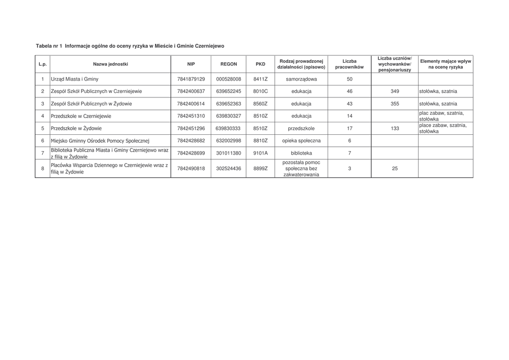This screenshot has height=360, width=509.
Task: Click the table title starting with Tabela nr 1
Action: [130, 46]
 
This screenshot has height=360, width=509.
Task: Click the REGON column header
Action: [229, 64]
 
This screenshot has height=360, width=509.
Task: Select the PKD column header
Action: [260, 64]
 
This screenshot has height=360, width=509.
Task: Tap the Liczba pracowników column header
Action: [349, 64]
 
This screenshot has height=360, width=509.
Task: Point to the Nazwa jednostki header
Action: [110, 64]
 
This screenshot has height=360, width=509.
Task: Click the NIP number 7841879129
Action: [191, 79]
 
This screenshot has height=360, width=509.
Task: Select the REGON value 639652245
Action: [229, 91]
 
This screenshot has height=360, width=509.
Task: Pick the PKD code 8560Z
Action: [260, 104]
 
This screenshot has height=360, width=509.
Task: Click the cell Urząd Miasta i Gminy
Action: [75, 79]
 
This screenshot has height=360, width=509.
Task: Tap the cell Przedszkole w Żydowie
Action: [76, 128]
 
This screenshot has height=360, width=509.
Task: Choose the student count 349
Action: [395, 91]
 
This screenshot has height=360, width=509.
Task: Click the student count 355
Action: [395, 104]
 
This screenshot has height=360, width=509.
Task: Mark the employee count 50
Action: [349, 79]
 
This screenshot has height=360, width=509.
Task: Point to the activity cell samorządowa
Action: [301, 79]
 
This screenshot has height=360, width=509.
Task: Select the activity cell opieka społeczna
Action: [301, 141]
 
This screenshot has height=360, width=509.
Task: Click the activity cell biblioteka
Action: [301, 153]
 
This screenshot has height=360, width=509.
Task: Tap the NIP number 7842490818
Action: [191, 169]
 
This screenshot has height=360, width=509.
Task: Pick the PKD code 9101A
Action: [260, 153]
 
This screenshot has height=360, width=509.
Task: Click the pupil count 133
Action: [395, 128]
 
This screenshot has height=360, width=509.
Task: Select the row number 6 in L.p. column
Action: [43, 141]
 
